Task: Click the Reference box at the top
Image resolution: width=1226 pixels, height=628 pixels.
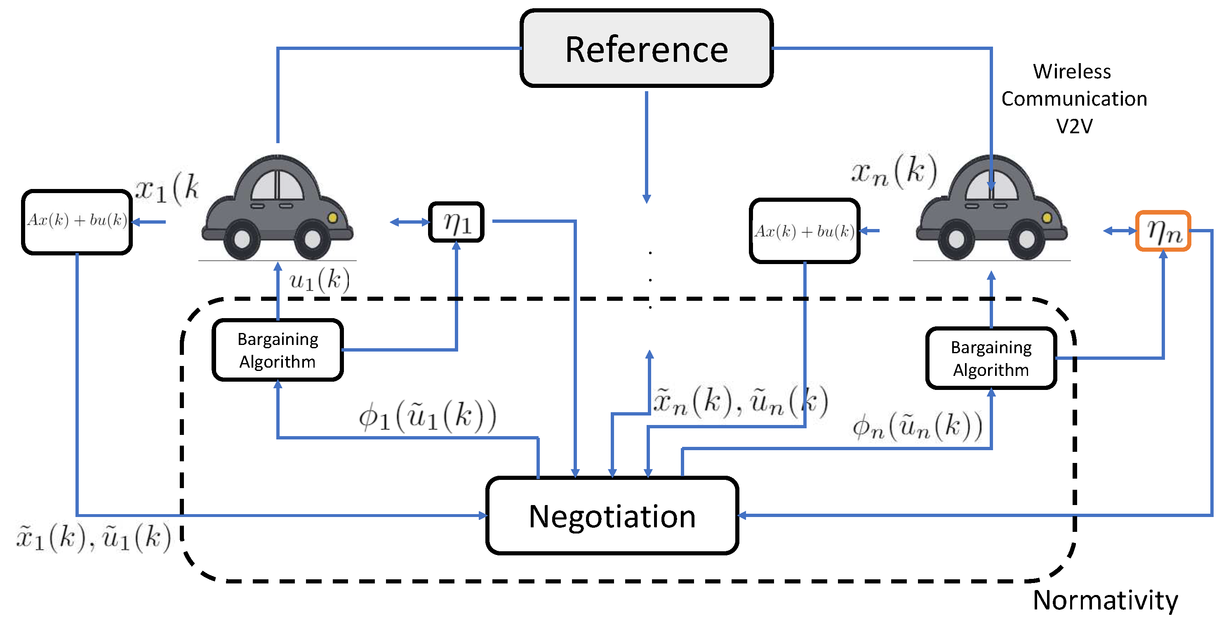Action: tap(646, 48)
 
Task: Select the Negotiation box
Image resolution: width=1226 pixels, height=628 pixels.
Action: tap(612, 516)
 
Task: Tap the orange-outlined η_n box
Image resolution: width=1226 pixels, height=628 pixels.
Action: tap(1163, 231)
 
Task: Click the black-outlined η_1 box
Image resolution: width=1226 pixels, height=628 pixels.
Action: tap(457, 222)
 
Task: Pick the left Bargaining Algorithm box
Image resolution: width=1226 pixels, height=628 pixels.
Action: tap(278, 350)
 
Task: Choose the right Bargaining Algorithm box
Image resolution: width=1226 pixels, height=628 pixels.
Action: tap(991, 358)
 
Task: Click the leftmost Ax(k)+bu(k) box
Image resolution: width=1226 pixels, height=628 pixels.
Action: tap(77, 222)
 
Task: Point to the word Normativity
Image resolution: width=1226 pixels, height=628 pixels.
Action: tap(1105, 600)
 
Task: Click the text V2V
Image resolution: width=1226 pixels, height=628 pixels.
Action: tap(1074, 126)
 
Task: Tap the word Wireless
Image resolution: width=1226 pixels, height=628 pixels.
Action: tap(1072, 71)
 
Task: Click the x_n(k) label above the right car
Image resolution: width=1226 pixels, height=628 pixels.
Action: tap(894, 171)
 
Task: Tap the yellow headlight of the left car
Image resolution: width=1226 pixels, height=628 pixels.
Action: tap(333, 217)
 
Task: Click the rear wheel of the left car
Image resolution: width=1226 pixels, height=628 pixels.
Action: tap(242, 239)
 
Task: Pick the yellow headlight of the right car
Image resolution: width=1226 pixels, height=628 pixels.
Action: tap(1047, 217)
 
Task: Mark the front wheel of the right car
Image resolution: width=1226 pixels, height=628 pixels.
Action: tap(1026, 239)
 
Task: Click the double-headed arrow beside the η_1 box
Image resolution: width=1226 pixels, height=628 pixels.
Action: tap(409, 222)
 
